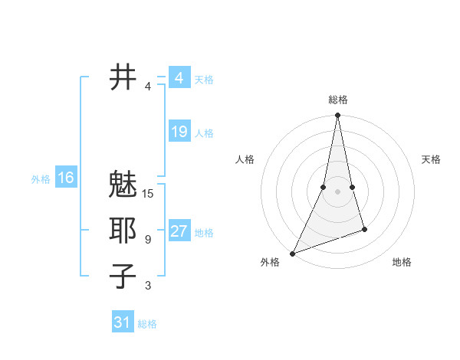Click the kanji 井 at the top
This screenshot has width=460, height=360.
(x=123, y=77)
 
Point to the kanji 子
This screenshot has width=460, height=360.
(x=123, y=276)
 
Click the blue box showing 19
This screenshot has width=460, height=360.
(x=179, y=132)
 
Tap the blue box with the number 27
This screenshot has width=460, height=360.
(x=179, y=231)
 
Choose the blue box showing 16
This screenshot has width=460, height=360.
(x=65, y=178)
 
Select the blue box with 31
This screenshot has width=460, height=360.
(x=122, y=322)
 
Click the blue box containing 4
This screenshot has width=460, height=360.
(x=179, y=78)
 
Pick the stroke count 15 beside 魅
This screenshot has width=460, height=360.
(x=148, y=194)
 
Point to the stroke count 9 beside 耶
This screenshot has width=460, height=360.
(x=148, y=240)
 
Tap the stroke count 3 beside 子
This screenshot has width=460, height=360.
(x=148, y=286)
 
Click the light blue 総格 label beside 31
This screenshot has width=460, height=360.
(x=147, y=324)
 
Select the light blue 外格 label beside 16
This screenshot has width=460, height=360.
(x=41, y=179)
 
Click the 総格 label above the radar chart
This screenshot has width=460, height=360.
(x=337, y=100)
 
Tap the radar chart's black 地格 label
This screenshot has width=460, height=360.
(x=402, y=262)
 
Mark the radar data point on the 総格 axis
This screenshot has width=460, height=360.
(x=337, y=116)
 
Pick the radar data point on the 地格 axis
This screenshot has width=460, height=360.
(x=364, y=229)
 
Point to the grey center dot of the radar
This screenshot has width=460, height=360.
(x=337, y=191)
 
